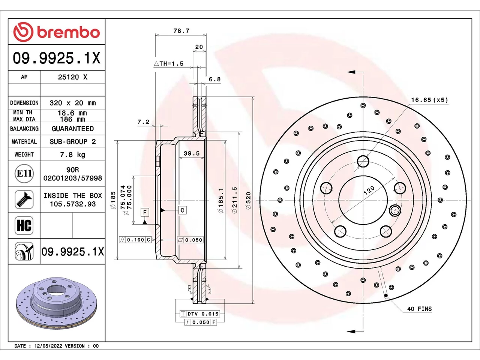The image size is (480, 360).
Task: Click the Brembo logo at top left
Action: [x=56, y=32]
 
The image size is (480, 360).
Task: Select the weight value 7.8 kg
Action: [x=73, y=155]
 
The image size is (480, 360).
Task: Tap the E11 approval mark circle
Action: [x=24, y=174]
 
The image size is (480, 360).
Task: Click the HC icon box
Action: [x=24, y=225]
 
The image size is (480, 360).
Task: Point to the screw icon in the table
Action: [x=24, y=199]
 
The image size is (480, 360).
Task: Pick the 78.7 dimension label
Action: [x=181, y=31]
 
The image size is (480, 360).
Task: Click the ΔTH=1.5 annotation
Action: [x=169, y=64]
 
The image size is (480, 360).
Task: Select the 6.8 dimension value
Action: [x=214, y=79]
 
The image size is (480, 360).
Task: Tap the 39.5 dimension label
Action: [x=192, y=153]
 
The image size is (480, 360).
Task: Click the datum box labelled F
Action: [x=145, y=212]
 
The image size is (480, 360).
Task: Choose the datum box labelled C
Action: [x=182, y=210]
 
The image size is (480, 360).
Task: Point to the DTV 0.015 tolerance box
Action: [x=199, y=314]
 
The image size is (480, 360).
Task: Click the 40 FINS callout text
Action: [x=419, y=309]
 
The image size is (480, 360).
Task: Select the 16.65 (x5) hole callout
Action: [x=429, y=100]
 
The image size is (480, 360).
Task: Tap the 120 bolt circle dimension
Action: [x=369, y=190]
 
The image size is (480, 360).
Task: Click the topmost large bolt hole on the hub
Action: [x=363, y=161]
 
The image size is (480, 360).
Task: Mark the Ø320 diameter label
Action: [x=248, y=201]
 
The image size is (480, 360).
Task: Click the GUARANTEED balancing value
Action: [x=73, y=129]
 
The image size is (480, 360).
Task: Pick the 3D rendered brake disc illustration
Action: [x=56, y=303]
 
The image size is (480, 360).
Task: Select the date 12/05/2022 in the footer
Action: [x=48, y=346]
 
